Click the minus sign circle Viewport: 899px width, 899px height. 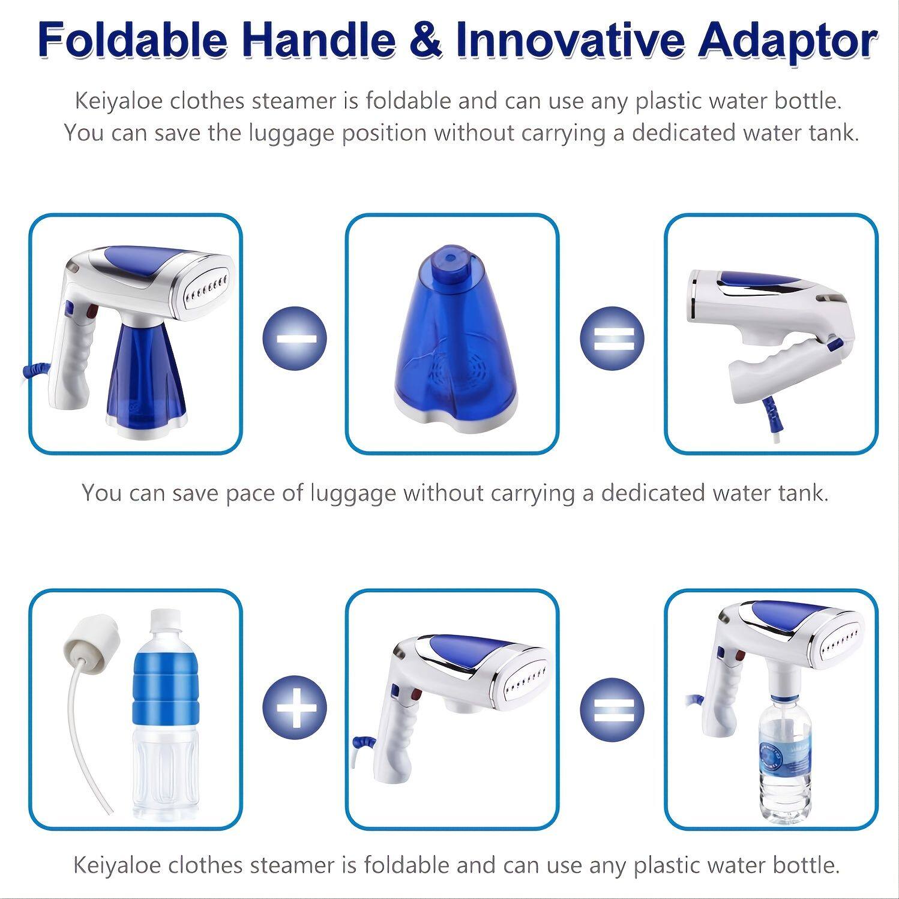(295, 338)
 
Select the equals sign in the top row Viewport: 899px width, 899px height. (612, 338)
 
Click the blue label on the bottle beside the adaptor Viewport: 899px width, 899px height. (164, 693)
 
